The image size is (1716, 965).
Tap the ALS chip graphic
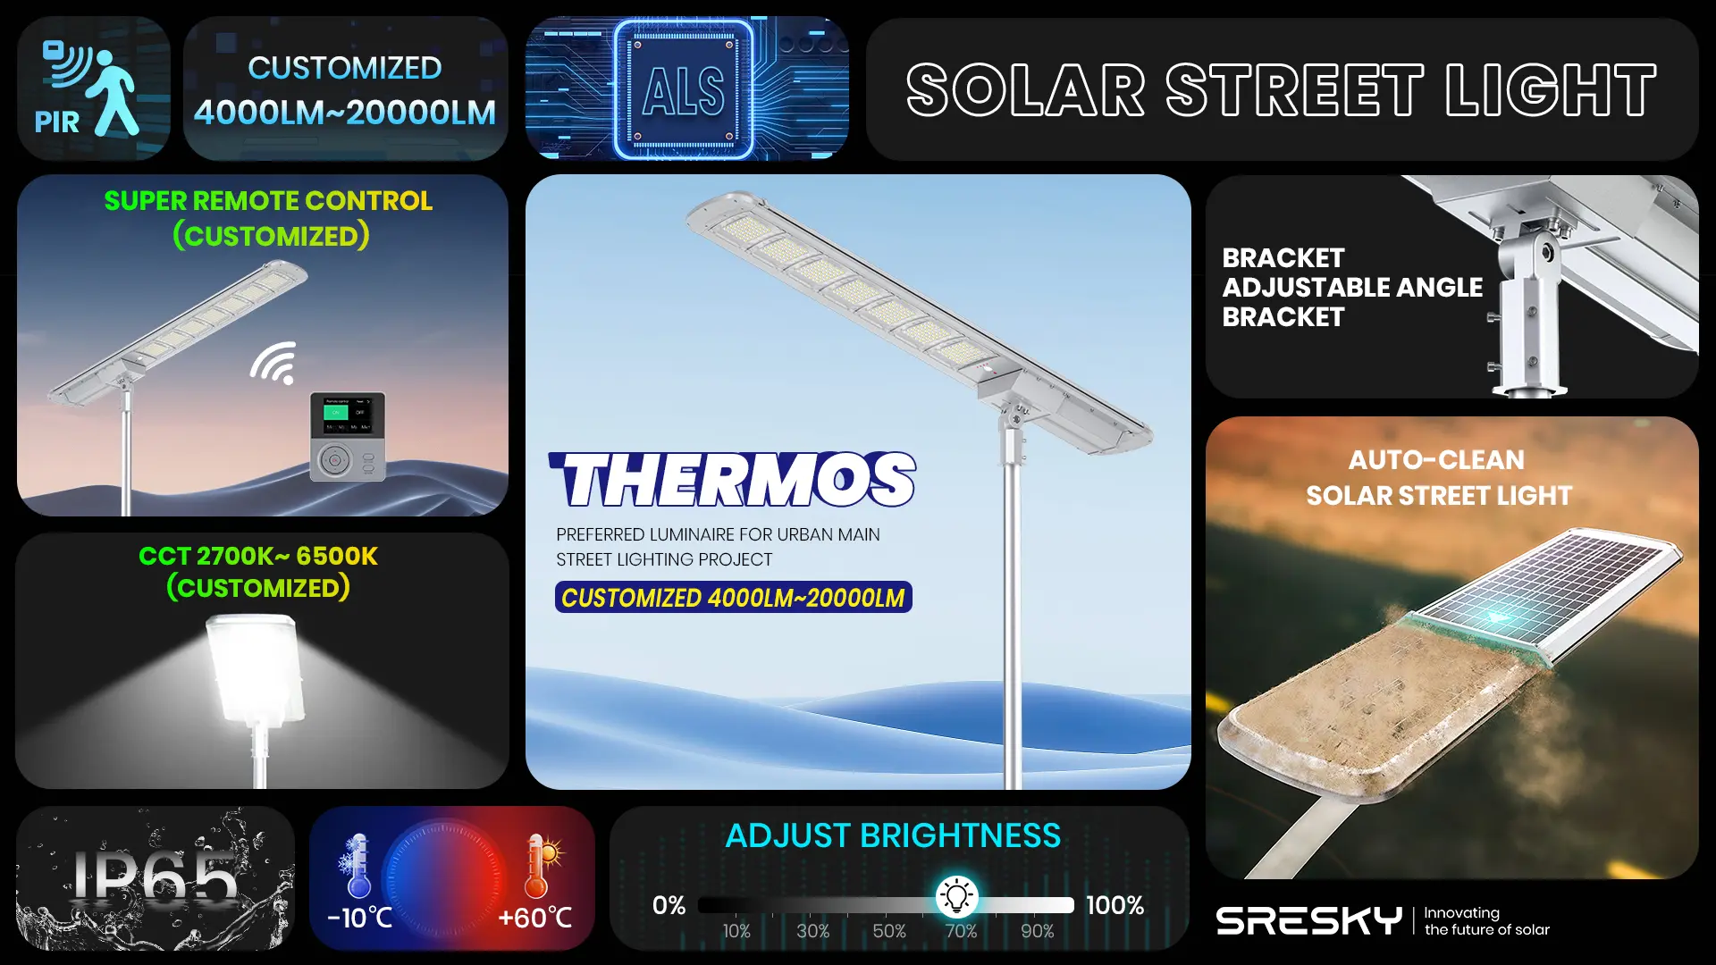[x=684, y=89]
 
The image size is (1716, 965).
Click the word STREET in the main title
[x=1295, y=90]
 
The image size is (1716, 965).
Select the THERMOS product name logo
[x=733, y=480]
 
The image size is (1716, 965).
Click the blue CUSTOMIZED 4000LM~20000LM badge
[x=733, y=598]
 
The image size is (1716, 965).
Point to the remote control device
[x=348, y=437]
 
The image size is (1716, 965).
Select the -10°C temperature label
[x=359, y=918]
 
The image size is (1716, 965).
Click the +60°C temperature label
[x=534, y=918]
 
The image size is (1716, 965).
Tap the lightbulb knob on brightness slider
[x=956, y=896]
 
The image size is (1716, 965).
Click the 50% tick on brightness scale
[x=889, y=931]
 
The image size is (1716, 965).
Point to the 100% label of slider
[x=1115, y=905]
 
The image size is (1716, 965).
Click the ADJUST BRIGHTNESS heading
[x=893, y=835]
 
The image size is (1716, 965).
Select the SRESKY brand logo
[x=1308, y=920]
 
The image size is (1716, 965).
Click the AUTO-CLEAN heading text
[x=1436, y=460]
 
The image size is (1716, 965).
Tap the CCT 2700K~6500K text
[x=258, y=556]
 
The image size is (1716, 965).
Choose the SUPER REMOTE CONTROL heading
[x=268, y=201]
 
